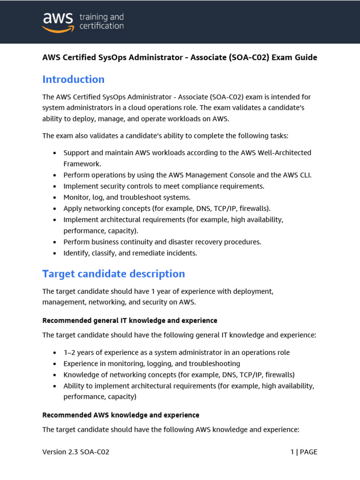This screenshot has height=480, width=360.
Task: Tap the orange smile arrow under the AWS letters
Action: [x=58, y=30]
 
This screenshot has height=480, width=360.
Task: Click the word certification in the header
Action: [x=101, y=26]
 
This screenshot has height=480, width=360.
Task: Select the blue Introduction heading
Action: [x=73, y=79]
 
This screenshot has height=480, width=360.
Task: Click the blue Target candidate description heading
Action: [x=113, y=274]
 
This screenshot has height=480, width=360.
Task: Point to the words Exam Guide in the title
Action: [x=296, y=58]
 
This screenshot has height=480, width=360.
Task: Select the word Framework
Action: [x=82, y=164]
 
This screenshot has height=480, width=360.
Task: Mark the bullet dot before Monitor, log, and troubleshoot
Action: [x=55, y=198]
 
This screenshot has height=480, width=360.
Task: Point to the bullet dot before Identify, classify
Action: [x=55, y=254]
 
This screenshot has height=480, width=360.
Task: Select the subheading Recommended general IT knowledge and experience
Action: [x=130, y=321]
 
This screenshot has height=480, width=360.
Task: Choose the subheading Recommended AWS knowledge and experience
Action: [x=120, y=415]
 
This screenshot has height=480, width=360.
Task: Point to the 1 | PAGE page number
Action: [x=304, y=452]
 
